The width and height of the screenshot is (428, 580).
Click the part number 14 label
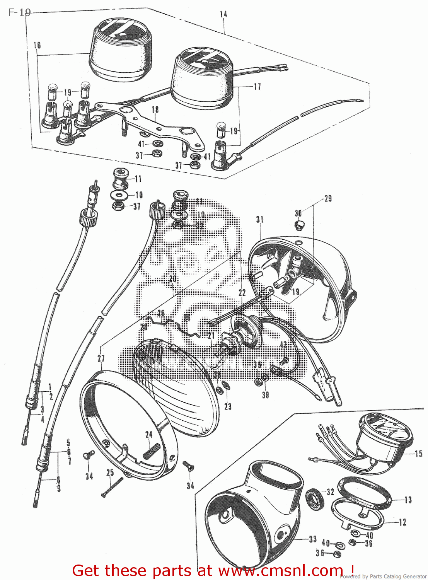pos(223,14)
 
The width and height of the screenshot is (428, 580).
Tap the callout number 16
pos(37,46)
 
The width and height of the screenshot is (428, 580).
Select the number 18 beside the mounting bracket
pos(155,110)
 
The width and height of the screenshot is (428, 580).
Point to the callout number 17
pos(257,87)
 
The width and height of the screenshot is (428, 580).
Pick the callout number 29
pos(328,199)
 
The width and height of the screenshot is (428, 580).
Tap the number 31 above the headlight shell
pos(260,220)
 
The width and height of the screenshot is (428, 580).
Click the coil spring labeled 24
pos(151,451)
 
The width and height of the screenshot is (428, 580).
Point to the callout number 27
pos(101,358)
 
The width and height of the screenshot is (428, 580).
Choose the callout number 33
pos(312,539)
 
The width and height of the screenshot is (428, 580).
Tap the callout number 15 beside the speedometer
pos(418,454)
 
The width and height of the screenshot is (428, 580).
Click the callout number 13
pos(408,500)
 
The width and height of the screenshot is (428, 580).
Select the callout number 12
pos(402,522)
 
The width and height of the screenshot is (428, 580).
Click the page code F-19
pos(19,13)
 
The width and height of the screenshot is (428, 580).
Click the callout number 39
pos(265,395)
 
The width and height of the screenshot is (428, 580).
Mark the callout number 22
pos(242,293)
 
